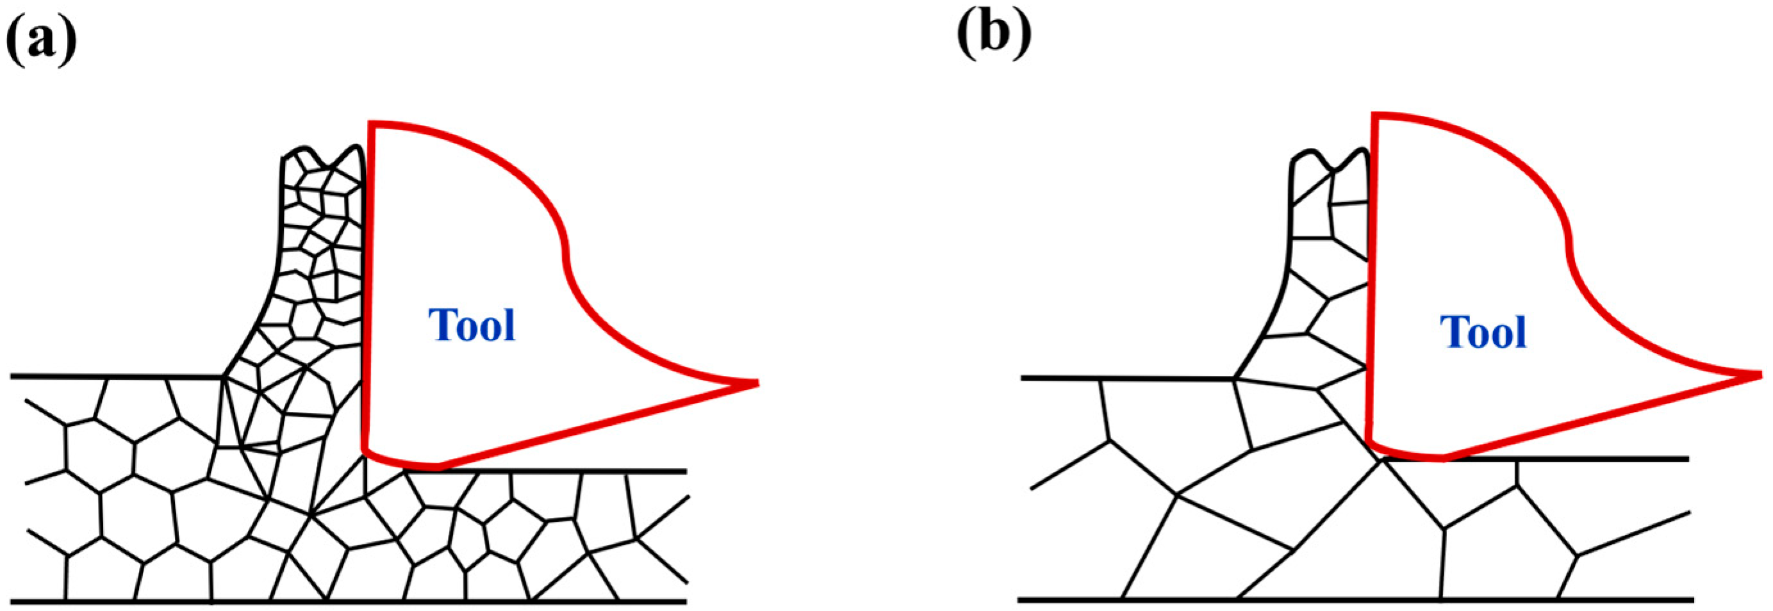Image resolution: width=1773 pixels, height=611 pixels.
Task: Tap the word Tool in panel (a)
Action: tap(472, 325)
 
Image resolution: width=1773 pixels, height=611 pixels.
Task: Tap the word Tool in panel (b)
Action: tap(1483, 333)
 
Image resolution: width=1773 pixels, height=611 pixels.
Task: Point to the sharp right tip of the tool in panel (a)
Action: tap(756, 382)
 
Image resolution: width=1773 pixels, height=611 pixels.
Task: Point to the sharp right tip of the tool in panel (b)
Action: tap(1760, 374)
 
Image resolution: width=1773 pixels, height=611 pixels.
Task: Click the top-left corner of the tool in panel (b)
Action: tap(1374, 115)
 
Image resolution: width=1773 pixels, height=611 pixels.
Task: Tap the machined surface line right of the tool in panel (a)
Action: tap(565, 471)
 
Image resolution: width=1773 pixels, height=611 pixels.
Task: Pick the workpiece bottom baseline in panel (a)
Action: tap(344, 601)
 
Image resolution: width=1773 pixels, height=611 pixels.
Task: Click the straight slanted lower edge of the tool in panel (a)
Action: tap(592, 427)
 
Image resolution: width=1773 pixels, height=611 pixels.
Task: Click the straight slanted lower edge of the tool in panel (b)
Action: tap(1597, 417)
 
